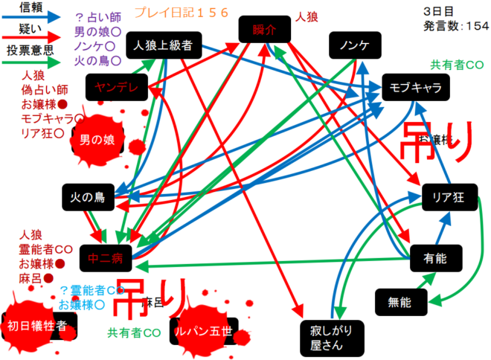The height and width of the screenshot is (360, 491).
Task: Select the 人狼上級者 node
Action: pyautogui.click(x=163, y=45)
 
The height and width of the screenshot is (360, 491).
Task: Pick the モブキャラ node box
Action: pyautogui.click(x=415, y=88)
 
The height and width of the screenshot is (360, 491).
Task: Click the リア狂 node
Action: pyautogui.click(x=448, y=197)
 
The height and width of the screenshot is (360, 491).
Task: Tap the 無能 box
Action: pyautogui.click(x=399, y=301)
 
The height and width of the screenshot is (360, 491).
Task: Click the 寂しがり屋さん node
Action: pyautogui.click(x=324, y=338)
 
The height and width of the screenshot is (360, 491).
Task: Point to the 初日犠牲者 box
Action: pyautogui.click(x=37, y=325)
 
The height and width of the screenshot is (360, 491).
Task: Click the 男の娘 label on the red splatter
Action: pyautogui.click(x=97, y=139)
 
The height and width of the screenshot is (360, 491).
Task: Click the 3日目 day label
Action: pyautogui.click(x=434, y=12)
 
